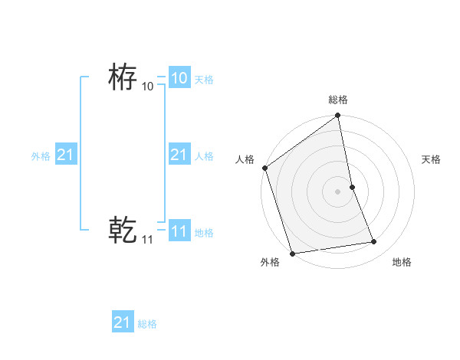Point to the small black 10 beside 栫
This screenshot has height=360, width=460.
click(x=147, y=87)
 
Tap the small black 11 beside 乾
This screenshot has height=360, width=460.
click(x=147, y=240)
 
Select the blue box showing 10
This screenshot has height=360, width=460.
click(x=179, y=78)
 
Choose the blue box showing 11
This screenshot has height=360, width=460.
click(x=179, y=231)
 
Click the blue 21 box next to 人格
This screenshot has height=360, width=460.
click(x=179, y=155)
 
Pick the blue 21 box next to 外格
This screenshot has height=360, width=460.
click(x=65, y=155)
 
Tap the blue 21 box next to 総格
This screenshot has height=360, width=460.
click(x=123, y=322)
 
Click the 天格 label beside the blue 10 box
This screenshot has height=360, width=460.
click(x=204, y=80)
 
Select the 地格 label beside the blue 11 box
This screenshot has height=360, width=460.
click(x=204, y=233)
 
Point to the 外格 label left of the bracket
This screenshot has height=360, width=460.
click(x=41, y=156)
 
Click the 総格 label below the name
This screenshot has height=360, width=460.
click(x=147, y=324)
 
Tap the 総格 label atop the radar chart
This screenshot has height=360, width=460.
click(x=338, y=100)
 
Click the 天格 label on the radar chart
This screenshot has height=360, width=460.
click(x=431, y=159)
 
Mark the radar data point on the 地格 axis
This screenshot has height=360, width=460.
click(x=374, y=242)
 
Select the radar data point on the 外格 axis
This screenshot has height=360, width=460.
click(x=292, y=254)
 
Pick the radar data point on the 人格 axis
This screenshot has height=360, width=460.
click(x=264, y=168)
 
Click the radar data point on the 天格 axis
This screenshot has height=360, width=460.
click(x=353, y=187)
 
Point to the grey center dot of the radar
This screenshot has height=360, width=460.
click(x=338, y=191)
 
